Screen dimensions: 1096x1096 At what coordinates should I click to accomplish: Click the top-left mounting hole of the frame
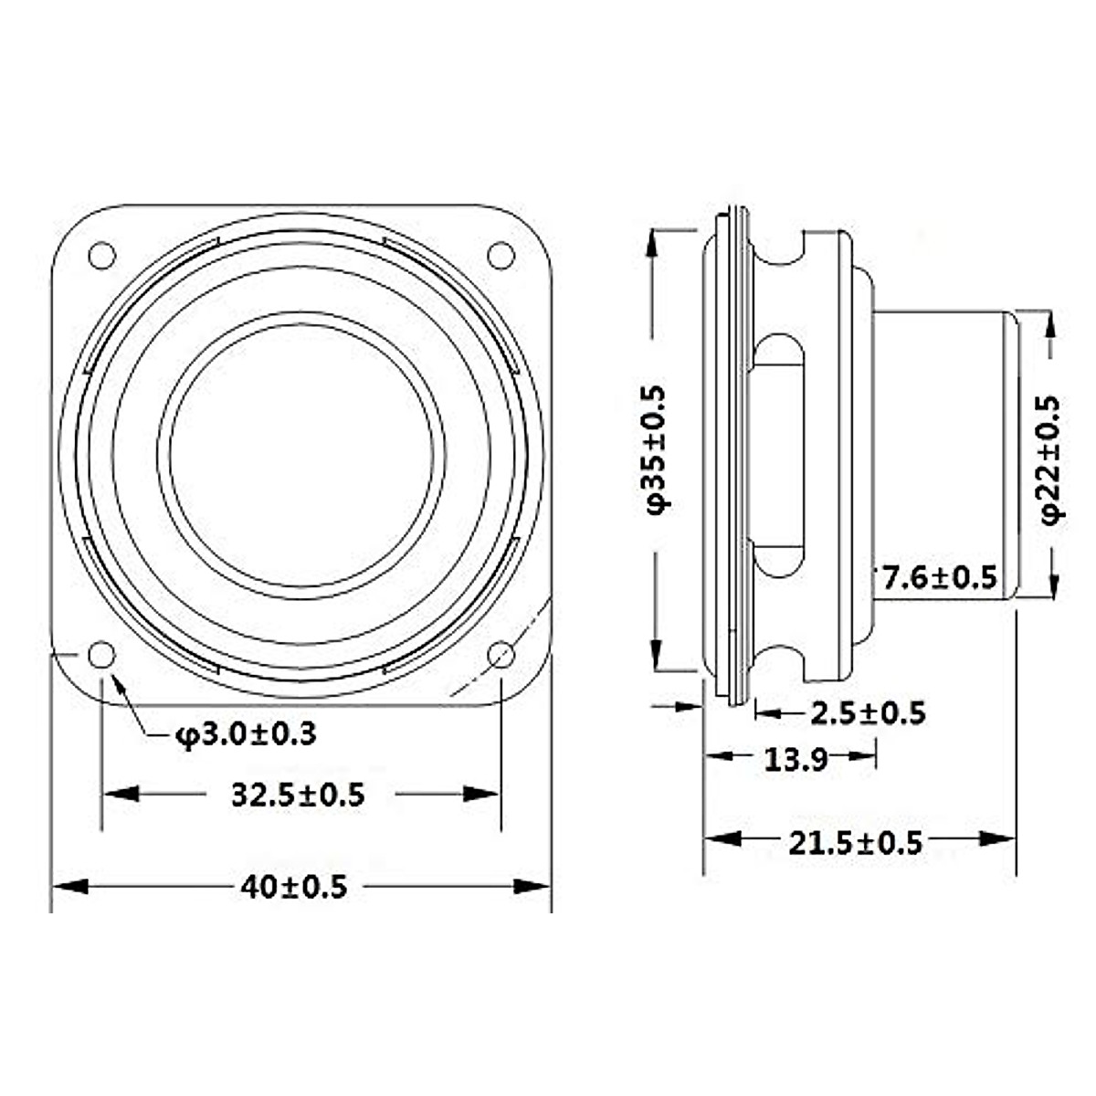point(101,255)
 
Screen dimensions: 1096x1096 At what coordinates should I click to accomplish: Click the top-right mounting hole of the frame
point(501,255)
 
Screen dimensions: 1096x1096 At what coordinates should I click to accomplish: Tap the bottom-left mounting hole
point(101,654)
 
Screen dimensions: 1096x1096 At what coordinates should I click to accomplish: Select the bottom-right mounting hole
point(501,654)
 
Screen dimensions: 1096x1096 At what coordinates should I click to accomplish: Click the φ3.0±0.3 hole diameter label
point(246,733)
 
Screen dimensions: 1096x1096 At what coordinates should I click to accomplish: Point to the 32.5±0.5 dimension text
point(298,795)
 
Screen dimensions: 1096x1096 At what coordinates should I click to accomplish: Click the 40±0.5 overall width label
point(294,886)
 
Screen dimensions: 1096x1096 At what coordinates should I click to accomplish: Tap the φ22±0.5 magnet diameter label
point(1053,458)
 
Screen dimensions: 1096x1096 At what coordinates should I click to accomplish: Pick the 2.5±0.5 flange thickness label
point(869,712)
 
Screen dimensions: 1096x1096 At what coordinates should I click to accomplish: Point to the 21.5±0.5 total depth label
point(856,842)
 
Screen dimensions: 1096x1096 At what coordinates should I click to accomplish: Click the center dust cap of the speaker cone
point(301,457)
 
